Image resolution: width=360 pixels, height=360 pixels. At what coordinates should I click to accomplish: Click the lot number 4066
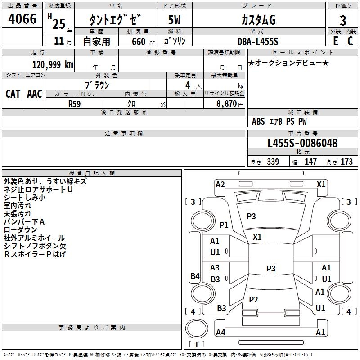point(22,18)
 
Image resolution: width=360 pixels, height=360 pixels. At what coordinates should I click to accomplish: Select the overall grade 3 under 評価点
point(343,20)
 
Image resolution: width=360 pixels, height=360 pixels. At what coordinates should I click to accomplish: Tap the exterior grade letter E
point(336,41)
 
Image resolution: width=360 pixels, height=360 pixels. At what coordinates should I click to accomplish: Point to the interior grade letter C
point(350,41)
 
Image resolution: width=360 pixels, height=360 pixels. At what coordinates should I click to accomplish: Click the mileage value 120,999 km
point(53,65)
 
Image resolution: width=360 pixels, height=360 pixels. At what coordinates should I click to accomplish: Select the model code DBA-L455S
point(258,41)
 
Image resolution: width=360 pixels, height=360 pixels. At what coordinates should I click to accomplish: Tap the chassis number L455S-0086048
point(302,143)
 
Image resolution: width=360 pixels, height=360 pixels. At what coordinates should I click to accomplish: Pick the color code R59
point(74,104)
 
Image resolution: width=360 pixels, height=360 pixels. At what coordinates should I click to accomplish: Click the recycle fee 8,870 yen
point(230,104)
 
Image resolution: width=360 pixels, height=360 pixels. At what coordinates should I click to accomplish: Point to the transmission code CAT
point(13,94)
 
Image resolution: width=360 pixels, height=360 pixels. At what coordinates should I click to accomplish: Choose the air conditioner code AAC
point(35,94)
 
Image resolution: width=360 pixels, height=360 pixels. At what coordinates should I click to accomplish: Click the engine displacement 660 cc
point(143,42)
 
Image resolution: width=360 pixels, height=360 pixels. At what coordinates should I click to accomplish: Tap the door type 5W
point(174,20)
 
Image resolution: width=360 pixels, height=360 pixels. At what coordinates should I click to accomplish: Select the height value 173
point(346,162)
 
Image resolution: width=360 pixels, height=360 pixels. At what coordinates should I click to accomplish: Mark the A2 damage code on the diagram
point(220,184)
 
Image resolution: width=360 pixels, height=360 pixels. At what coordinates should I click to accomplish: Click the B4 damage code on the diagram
point(195,276)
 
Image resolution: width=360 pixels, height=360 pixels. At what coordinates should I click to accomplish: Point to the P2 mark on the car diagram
point(253,299)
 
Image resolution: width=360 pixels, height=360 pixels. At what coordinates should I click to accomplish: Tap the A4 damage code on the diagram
point(220,332)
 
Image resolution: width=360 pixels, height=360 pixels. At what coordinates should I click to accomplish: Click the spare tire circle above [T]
point(197,328)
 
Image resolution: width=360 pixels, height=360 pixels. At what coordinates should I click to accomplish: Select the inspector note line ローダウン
point(20,230)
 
